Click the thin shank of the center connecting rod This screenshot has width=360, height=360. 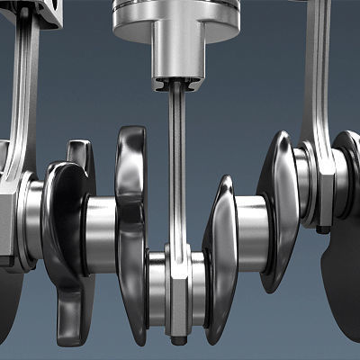tap(178, 171)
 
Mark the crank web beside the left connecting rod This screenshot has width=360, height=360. tap(67, 225)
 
